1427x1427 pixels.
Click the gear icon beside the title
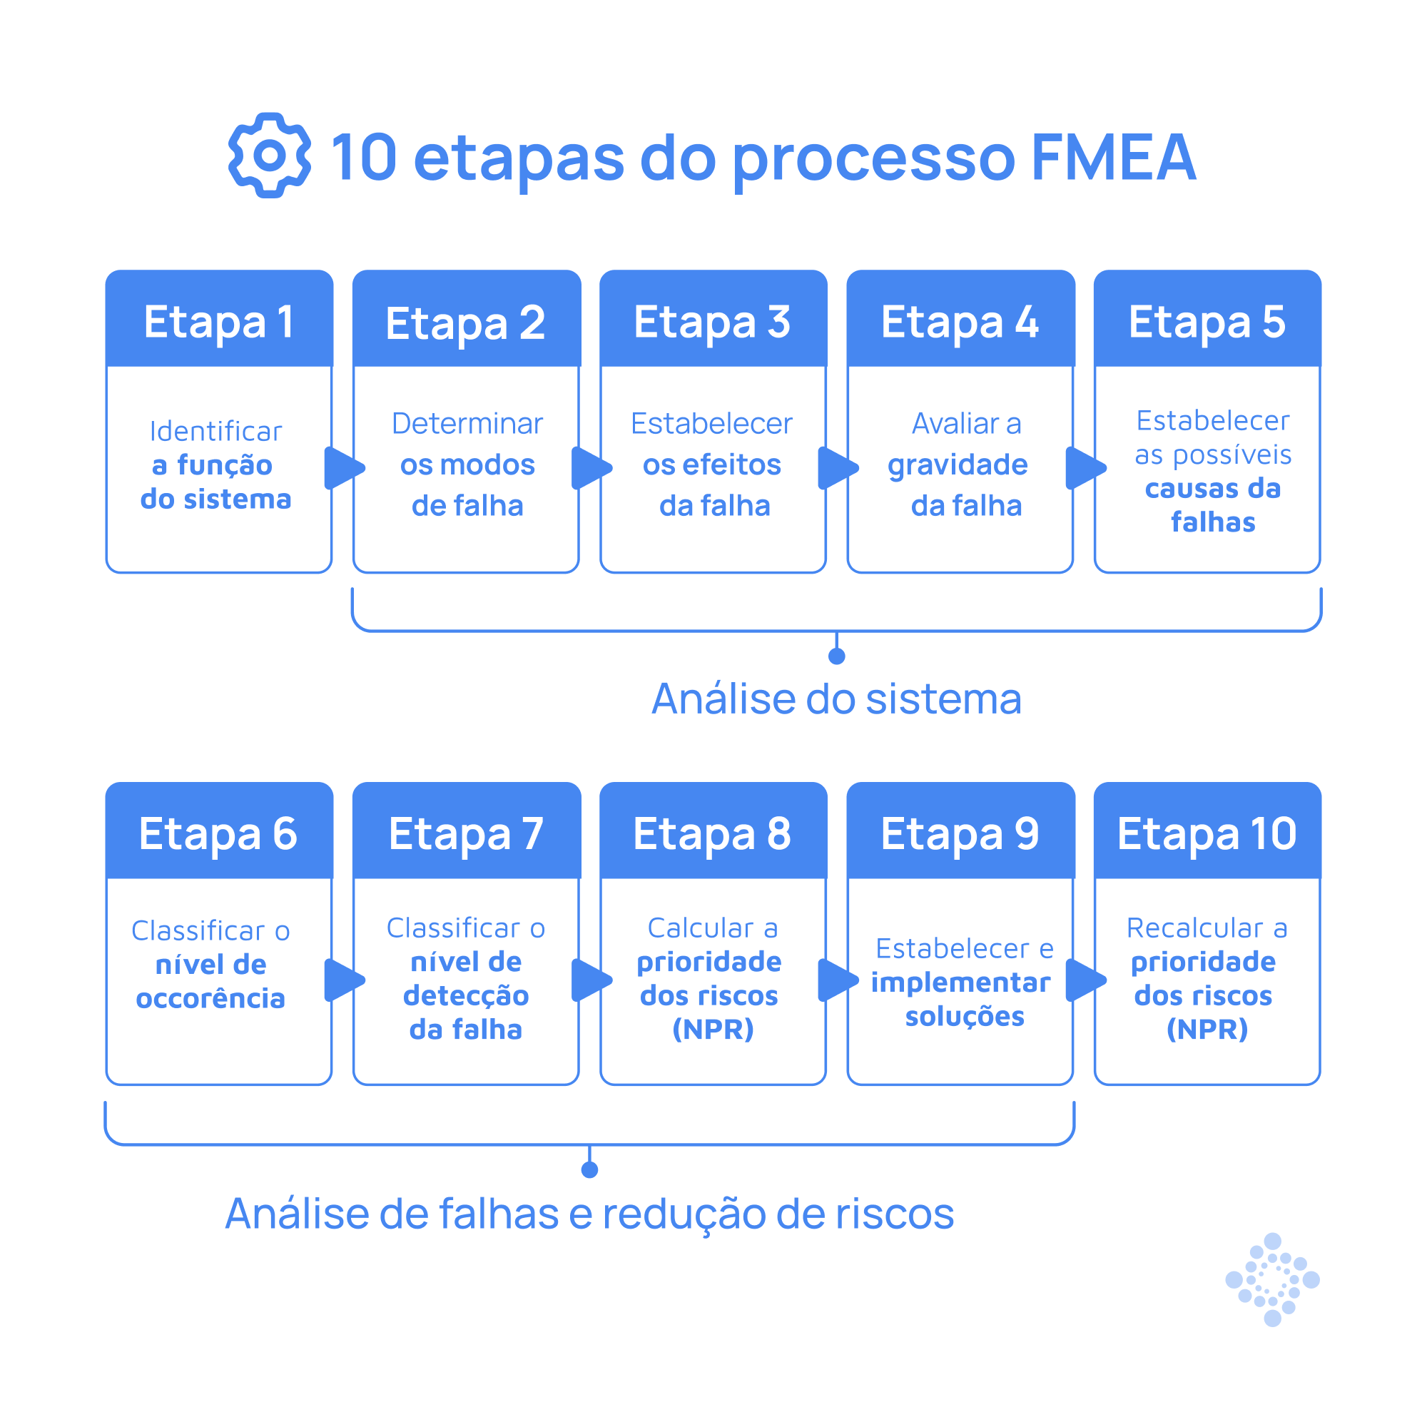(x=269, y=155)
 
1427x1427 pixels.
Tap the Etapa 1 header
(x=218, y=322)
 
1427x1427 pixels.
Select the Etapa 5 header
(x=1207, y=322)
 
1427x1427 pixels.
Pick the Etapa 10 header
(x=1207, y=834)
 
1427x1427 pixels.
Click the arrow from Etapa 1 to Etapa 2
(x=343, y=467)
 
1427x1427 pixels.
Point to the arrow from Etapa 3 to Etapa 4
(x=838, y=467)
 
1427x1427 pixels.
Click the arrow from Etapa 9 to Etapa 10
(x=1085, y=980)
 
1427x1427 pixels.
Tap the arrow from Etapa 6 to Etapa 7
(x=343, y=980)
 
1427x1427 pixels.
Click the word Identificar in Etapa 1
(x=215, y=432)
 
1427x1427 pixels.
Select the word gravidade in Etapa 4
(x=958, y=464)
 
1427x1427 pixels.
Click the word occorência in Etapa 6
(x=210, y=999)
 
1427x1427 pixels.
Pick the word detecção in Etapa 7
(x=466, y=995)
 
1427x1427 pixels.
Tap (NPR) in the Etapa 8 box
(x=713, y=1029)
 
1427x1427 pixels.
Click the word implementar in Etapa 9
(x=960, y=982)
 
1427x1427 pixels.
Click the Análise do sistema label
(x=836, y=699)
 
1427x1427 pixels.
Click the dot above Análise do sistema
(x=837, y=656)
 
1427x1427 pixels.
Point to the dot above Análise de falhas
(x=589, y=1169)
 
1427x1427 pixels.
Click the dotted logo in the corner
(x=1272, y=1279)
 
